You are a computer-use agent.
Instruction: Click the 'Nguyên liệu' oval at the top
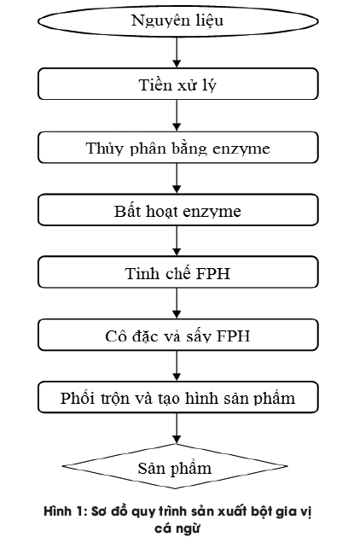tap(177, 20)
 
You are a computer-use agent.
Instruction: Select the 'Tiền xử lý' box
tap(177, 85)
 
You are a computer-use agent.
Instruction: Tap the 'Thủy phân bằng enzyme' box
tap(177, 148)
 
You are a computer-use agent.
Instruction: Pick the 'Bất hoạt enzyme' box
tap(177, 210)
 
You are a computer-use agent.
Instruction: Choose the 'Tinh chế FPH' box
tap(177, 272)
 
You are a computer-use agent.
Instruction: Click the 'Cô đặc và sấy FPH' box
tap(177, 335)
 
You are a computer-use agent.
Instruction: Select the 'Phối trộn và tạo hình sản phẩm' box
tap(177, 397)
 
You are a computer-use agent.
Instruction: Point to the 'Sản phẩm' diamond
tap(175, 466)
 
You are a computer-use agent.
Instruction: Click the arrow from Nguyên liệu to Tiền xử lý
tap(177, 52)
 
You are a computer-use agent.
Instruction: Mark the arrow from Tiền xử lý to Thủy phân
tap(177, 115)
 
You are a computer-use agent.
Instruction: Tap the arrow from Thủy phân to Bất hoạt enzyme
tap(177, 178)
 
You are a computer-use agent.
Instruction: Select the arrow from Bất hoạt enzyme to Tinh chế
tap(177, 241)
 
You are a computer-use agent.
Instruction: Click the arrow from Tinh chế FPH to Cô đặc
tap(177, 303)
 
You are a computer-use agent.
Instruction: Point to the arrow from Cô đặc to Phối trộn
tap(177, 365)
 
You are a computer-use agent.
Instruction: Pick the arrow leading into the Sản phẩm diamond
tap(177, 429)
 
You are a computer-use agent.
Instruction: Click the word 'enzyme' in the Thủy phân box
tap(241, 149)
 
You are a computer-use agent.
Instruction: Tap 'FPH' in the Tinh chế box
tap(213, 273)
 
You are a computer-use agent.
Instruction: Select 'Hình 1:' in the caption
tap(66, 511)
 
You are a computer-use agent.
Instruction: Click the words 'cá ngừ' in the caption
tap(177, 528)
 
